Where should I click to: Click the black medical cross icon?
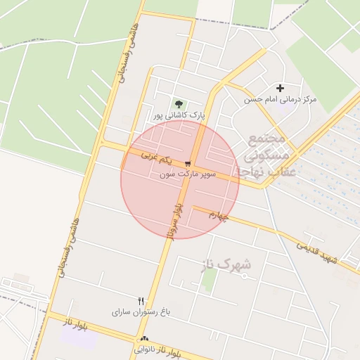(281, 89)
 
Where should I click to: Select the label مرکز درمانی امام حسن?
(281, 99)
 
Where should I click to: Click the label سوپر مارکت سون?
(191, 173)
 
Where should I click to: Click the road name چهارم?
(219, 216)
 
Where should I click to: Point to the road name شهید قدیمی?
(318, 253)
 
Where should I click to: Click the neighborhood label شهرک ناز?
(228, 264)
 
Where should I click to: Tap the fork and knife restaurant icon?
(141, 300)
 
